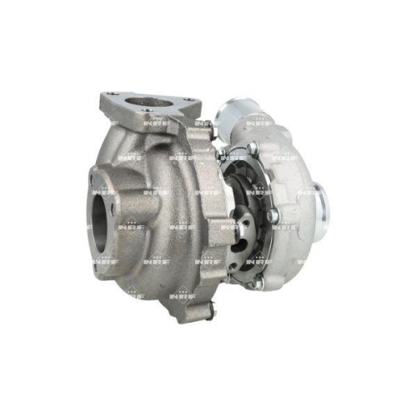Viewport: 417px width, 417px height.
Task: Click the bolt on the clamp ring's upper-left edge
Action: pyautogui.click(x=223, y=156)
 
